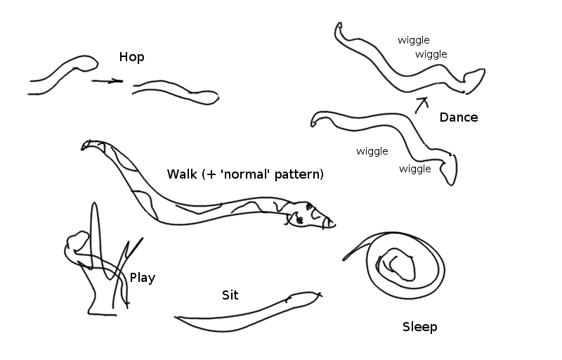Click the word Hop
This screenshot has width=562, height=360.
[131, 57]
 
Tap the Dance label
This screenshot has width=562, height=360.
[458, 117]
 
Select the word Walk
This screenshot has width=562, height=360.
[182, 174]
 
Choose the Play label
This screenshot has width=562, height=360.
[143, 278]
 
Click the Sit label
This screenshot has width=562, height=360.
[230, 295]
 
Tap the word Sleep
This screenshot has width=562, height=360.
[419, 326]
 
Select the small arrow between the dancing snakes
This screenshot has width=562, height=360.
[421, 103]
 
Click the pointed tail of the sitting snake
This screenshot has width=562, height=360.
[177, 319]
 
